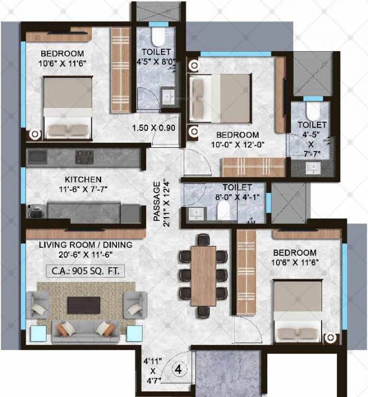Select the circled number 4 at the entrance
tap(178, 370)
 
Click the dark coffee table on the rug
tap(85, 304)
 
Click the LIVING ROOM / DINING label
tap(86, 245)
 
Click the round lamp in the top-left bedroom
tap(35, 134)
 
